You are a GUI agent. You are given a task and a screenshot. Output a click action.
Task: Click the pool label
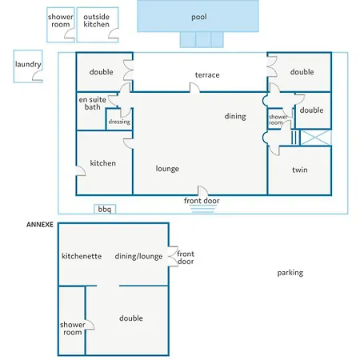[x=199, y=18]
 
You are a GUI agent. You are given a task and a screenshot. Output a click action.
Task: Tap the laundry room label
[x=28, y=64]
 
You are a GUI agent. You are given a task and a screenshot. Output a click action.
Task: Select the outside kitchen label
[x=96, y=21]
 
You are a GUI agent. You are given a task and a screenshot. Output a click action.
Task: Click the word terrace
[x=207, y=75]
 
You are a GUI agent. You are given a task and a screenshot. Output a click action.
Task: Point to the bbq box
[x=105, y=209]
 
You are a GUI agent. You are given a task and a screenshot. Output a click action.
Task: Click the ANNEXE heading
[x=40, y=225]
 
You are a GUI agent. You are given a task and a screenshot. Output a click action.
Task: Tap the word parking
[x=290, y=273]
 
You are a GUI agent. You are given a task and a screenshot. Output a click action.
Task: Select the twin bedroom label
[x=300, y=170]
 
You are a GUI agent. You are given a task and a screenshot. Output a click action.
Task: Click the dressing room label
[x=119, y=122]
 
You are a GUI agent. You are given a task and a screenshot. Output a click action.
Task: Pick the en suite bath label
[x=93, y=103]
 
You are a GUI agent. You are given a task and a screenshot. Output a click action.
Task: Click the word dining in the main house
[x=235, y=116]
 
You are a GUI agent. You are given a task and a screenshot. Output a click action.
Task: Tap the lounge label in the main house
[x=167, y=169]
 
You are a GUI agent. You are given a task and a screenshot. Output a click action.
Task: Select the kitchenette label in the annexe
[x=82, y=256]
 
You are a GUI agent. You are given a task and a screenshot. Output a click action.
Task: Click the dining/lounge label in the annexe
[x=138, y=257]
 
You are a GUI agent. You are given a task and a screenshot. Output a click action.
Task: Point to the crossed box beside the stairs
[x=316, y=138]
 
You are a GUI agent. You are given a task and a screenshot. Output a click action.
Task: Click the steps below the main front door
[x=203, y=209]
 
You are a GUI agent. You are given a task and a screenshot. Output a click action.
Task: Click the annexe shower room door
[x=90, y=325]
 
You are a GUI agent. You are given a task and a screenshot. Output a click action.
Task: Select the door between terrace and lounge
[x=194, y=88]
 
